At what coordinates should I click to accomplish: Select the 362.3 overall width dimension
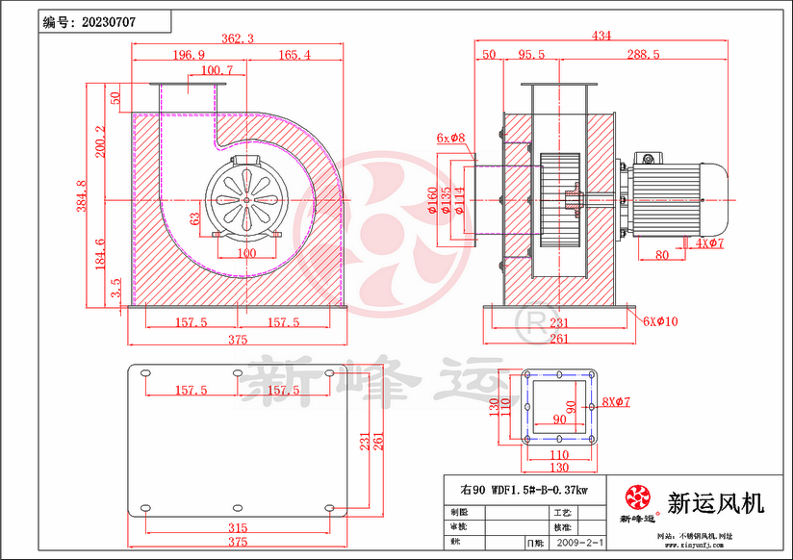(237, 38)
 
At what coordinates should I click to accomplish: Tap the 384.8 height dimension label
(82, 196)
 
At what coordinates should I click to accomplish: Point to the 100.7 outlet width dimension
(217, 70)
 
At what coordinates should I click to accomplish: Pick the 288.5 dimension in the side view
(642, 55)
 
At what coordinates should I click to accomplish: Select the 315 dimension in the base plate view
(238, 528)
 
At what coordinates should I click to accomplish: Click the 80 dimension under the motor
(661, 255)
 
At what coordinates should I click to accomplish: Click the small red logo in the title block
(636, 497)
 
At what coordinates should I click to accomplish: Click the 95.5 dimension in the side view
(531, 55)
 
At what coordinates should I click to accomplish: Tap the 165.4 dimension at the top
(294, 55)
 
